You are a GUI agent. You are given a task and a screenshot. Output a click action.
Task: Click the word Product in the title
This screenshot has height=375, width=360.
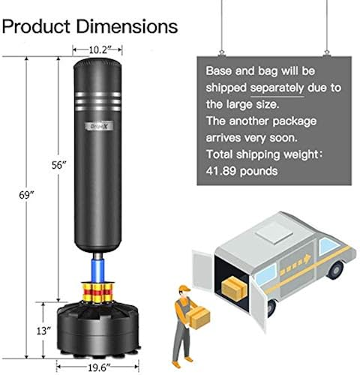[38, 26]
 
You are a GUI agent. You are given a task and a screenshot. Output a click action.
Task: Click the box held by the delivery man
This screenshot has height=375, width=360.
[198, 319]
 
